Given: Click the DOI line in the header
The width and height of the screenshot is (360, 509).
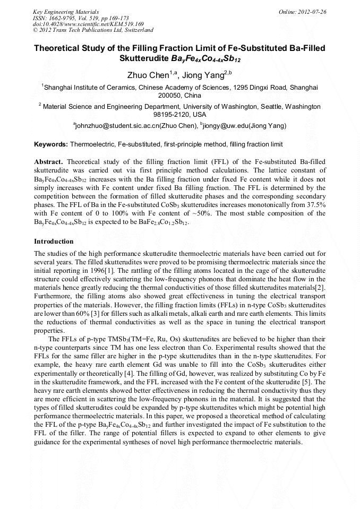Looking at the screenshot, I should click(x=81, y=24).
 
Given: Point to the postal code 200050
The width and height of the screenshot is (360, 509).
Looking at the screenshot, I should click(x=170, y=96).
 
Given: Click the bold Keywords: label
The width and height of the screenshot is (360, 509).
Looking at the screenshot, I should click(x=51, y=144).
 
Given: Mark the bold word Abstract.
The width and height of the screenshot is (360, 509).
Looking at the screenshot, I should click(x=49, y=161).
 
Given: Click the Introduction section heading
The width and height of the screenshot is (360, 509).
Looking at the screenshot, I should click(x=54, y=241).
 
